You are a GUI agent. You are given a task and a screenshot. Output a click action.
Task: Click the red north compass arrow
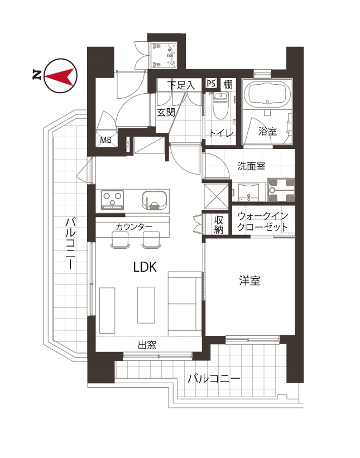pyautogui.click(x=59, y=76)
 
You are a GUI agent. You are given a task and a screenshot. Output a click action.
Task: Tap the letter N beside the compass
pyautogui.click(x=36, y=75)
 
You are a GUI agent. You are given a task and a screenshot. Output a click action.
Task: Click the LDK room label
pyautogui.click(x=145, y=267)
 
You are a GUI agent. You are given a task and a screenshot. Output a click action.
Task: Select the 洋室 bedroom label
pyautogui.click(x=249, y=281)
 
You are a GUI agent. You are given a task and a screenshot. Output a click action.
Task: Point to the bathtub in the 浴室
pyautogui.click(x=267, y=93)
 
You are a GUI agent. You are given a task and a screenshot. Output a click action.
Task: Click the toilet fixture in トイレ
pyautogui.click(x=220, y=105)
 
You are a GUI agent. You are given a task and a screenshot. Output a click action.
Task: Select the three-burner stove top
pyautogui.click(x=113, y=200)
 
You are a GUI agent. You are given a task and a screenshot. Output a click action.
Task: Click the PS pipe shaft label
pyautogui.click(x=211, y=84)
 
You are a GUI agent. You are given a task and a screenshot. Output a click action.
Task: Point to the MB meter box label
pyautogui.click(x=106, y=140)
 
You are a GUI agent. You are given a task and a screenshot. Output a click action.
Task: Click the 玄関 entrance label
pyautogui.click(x=166, y=113)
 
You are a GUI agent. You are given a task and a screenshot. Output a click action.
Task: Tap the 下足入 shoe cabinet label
pyautogui.click(x=181, y=85)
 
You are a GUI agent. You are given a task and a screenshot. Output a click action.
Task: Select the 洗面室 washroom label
pyautogui.click(x=251, y=166)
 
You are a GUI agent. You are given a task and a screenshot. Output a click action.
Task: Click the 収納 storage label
pyautogui.click(x=219, y=225)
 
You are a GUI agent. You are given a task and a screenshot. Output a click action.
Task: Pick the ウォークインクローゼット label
pyautogui.click(x=263, y=221)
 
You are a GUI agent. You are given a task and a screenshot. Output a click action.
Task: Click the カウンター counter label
pyautogui.click(x=134, y=227)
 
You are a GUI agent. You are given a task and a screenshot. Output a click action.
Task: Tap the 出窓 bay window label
pyautogui.click(x=147, y=345)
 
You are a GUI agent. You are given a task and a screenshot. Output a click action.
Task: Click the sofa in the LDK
pyautogui.click(x=185, y=304)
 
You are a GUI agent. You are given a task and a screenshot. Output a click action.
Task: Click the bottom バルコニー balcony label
pyautogui.click(x=214, y=379)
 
